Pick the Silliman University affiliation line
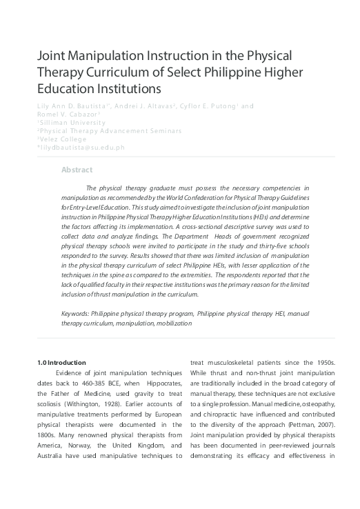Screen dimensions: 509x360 click(69, 121)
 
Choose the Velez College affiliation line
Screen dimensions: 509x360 click(61, 138)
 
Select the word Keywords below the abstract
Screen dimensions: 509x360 click(75, 313)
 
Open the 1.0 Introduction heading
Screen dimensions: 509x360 click(61, 363)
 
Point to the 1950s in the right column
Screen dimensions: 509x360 click(320, 363)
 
